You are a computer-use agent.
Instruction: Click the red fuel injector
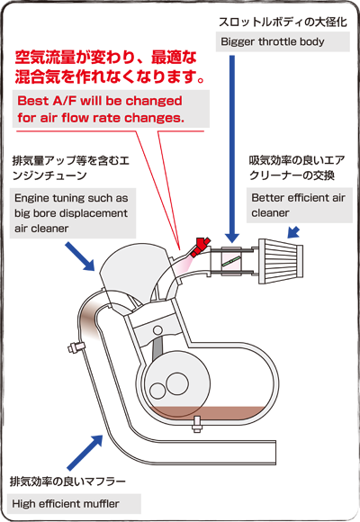click(199, 247)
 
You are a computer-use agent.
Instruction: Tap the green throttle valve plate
click(231, 260)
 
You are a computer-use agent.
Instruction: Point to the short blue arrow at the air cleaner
click(292, 233)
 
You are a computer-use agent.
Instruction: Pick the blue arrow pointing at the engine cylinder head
click(80, 256)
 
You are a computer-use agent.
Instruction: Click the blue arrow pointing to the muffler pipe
click(85, 452)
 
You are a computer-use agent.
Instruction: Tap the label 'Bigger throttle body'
click(273, 41)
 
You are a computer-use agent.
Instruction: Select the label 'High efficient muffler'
click(66, 504)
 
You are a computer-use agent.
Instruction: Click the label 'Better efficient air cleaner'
click(298, 205)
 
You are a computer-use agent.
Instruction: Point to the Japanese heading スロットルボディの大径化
click(283, 22)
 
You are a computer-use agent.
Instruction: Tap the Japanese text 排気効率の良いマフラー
click(67, 481)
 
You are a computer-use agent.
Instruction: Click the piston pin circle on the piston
click(157, 330)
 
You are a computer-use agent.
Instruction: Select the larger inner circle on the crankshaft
click(177, 384)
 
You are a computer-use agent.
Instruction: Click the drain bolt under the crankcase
click(196, 424)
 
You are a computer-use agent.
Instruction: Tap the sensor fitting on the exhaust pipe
click(76, 346)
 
